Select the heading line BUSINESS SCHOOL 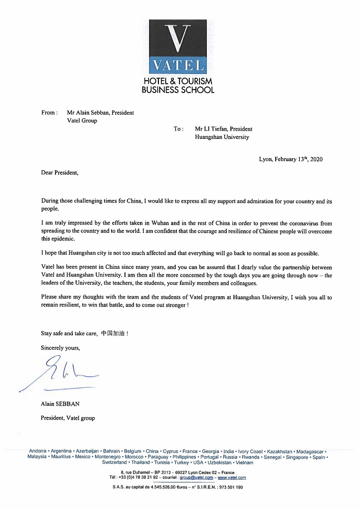click(x=178, y=89)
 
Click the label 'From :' click(x=49, y=113)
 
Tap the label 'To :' click(x=178, y=129)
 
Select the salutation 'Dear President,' click(x=60, y=172)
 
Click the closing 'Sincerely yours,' click(x=61, y=348)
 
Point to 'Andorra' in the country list click(x=38, y=451)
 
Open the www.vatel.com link click(x=231, y=477)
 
